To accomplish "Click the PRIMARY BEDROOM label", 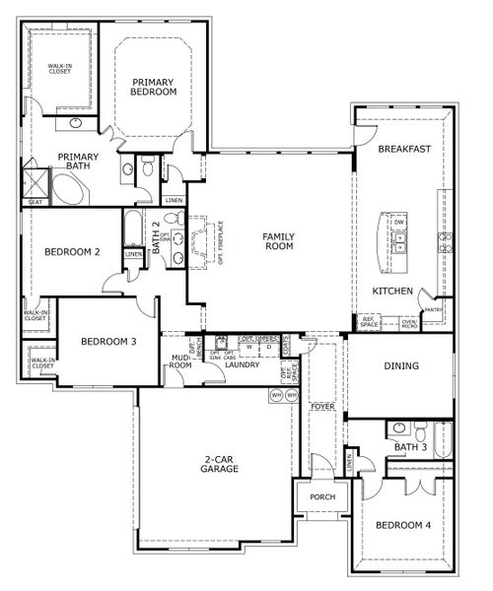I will [153, 87].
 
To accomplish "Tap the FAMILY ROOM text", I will [273, 241].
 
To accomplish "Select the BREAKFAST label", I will [404, 150].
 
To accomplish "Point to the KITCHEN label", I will [392, 292].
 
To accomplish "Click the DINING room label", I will [401, 365].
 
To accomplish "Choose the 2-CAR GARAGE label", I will [218, 466].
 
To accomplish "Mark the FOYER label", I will [321, 406].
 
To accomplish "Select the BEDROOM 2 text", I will [72, 252].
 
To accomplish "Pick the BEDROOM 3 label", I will [107, 342].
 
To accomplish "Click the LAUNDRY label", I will [241, 364].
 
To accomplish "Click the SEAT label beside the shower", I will [35, 202].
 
